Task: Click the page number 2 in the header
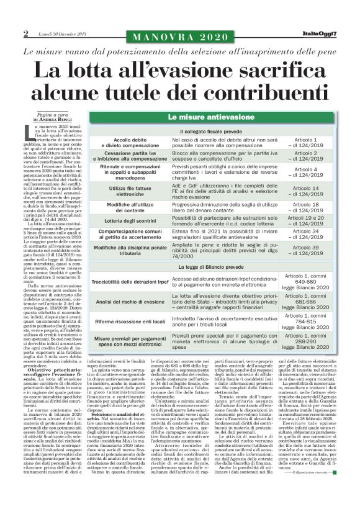coord(26,33)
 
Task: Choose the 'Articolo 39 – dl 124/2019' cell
coord(314,251)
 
